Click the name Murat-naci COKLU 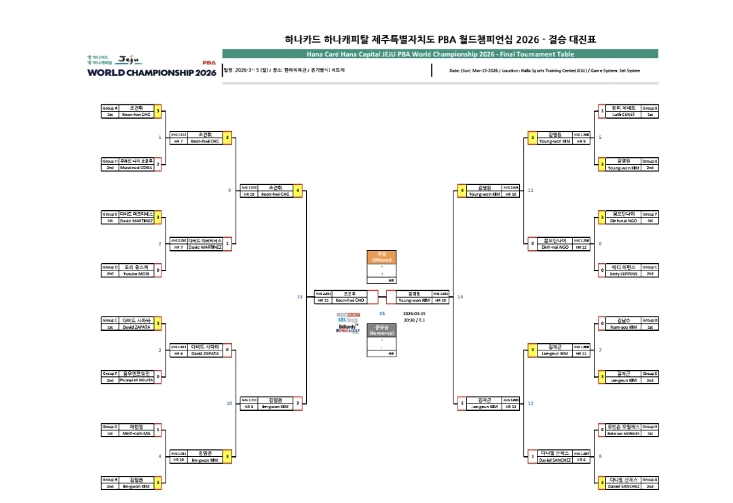[x=136, y=167]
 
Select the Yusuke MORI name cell [x=136, y=273]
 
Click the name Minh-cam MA [x=136, y=432]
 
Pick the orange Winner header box [x=381, y=258]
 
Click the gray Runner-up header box [x=381, y=330]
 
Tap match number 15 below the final [x=381, y=314]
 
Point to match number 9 [x=229, y=190]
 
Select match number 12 [x=530, y=403]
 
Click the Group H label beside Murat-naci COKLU [x=109, y=161]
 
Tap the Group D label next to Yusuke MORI [x=109, y=267]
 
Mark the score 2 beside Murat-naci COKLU [x=158, y=163]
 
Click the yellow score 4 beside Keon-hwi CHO [x=297, y=190]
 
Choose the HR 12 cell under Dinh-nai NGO [x=581, y=247]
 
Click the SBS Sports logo [x=348, y=320]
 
